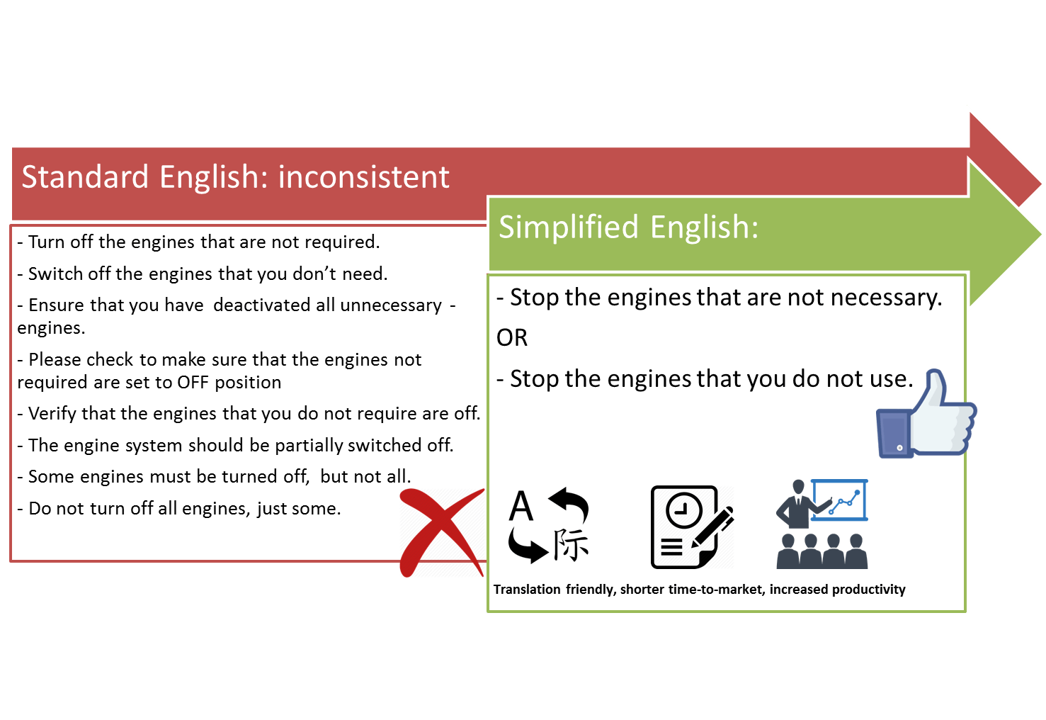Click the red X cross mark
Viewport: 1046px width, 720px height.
pos(440,531)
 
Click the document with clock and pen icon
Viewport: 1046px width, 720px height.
pos(691,527)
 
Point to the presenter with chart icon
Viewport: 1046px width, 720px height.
pos(822,524)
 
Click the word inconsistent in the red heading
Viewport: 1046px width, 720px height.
pos(363,177)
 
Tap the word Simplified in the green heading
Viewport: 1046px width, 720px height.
pos(569,227)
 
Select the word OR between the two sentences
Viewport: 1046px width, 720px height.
pos(512,338)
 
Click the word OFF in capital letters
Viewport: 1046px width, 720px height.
pos(193,383)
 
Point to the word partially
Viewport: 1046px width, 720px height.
pos(309,445)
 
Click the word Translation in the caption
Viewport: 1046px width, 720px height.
pos(527,590)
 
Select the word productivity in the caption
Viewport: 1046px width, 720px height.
pos(868,590)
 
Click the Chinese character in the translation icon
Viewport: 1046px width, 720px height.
pos(571,544)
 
